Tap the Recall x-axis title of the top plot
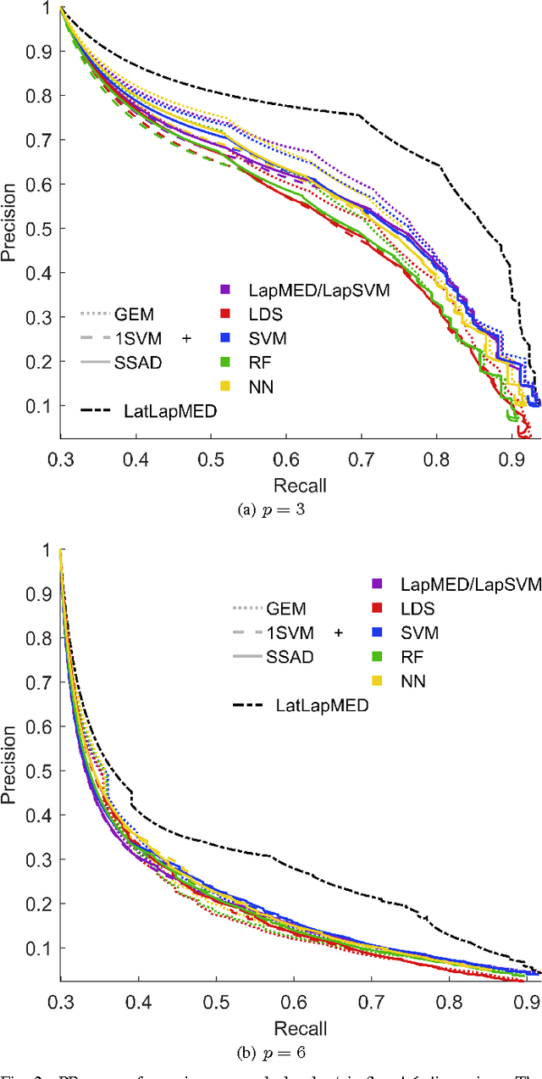click(300, 486)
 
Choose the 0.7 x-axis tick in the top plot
click(362, 462)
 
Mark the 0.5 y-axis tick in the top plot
click(36, 228)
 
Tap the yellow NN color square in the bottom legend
click(378, 681)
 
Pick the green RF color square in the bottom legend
click(378, 656)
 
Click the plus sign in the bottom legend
click(339, 632)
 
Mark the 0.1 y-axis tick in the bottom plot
click(36, 948)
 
